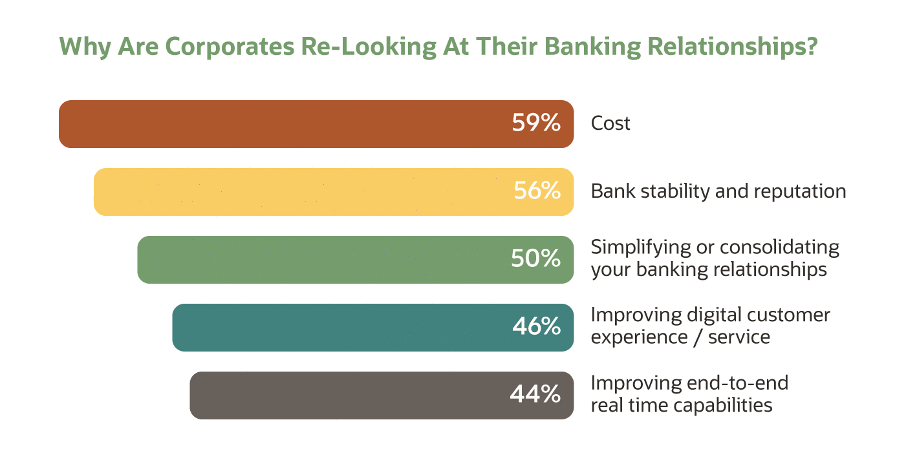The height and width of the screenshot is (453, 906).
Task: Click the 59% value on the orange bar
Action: (535, 123)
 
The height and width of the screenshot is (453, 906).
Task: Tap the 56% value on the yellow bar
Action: (537, 191)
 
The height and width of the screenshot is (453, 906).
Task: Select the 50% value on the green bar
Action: (535, 259)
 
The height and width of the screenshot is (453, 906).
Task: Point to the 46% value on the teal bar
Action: (536, 327)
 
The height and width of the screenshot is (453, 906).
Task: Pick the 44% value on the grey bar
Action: (535, 395)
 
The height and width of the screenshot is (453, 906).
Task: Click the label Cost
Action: (610, 123)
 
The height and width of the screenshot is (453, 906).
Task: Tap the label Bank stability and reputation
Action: (718, 191)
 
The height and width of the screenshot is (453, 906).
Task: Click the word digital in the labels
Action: (709, 315)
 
